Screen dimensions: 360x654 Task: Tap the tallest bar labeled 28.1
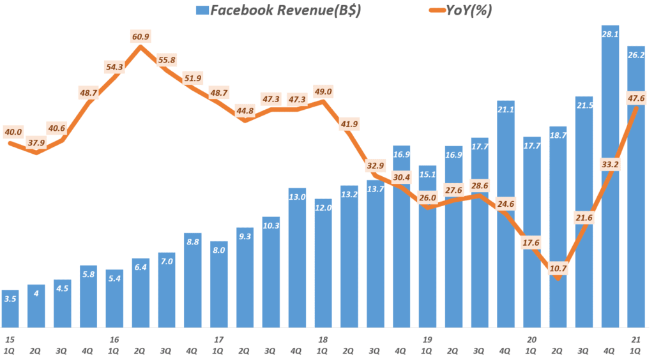[x=611, y=179]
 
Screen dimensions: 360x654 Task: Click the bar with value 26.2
[x=637, y=191]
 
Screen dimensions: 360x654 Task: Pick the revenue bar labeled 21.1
[x=506, y=217]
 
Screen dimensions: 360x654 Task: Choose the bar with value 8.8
[x=193, y=281]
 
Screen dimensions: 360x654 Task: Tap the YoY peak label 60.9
[x=141, y=38]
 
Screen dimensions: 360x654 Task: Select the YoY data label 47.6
[x=637, y=98]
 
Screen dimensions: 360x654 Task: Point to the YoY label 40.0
[x=13, y=132]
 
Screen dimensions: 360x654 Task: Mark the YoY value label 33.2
[x=611, y=165]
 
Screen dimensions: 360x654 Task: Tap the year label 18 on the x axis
[x=323, y=340]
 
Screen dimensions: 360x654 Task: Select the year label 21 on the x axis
[x=635, y=340]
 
